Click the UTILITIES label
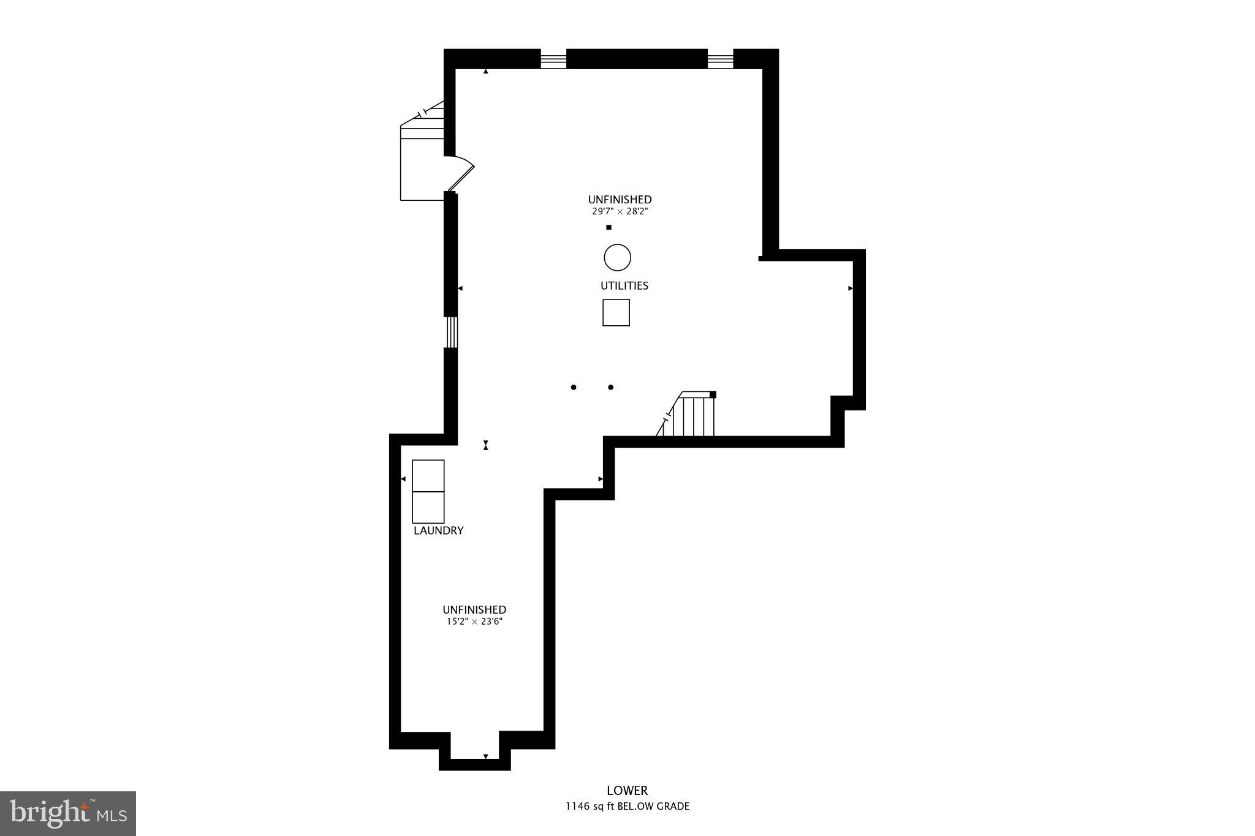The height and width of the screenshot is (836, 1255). click(624, 286)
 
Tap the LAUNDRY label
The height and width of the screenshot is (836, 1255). click(438, 531)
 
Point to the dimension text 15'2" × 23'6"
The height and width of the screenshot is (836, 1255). click(474, 622)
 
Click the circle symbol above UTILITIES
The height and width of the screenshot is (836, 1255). click(617, 258)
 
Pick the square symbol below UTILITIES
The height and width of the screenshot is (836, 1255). click(616, 312)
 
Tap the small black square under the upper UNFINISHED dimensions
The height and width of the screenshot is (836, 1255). click(609, 228)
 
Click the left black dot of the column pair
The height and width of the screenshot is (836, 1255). click(574, 387)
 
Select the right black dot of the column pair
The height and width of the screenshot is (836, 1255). click(611, 387)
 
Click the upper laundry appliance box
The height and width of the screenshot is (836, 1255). click(428, 475)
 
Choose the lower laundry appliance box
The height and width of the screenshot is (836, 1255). click(428, 507)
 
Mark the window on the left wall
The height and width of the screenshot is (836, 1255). click(450, 332)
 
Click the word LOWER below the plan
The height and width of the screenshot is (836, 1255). click(627, 791)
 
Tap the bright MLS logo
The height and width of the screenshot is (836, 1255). click(68, 813)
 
